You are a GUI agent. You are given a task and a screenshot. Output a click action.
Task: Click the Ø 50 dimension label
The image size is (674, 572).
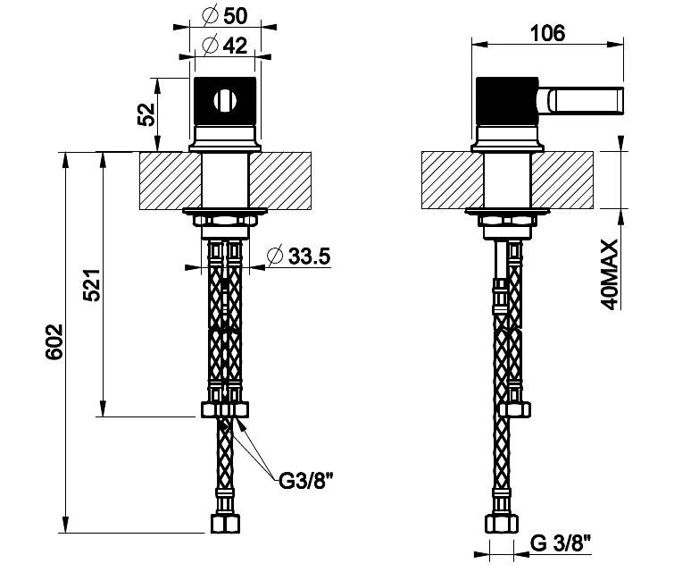pyautogui.click(x=225, y=16)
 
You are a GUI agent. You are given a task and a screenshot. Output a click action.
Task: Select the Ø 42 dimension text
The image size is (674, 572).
pyautogui.click(x=225, y=45)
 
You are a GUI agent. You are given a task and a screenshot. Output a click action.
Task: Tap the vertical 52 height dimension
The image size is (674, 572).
pyautogui.click(x=146, y=114)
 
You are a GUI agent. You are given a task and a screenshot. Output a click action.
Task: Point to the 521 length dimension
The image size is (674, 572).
pyautogui.click(x=92, y=285)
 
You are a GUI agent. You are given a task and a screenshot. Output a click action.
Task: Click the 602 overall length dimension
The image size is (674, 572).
pyautogui.click(x=54, y=341)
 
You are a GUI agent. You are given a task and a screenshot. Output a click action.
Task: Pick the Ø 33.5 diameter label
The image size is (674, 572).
pyautogui.click(x=299, y=257)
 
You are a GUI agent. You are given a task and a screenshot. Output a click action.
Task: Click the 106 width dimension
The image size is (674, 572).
pyautogui.click(x=547, y=33)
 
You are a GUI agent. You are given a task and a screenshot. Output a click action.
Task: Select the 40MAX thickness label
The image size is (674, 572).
pyautogui.click(x=609, y=274)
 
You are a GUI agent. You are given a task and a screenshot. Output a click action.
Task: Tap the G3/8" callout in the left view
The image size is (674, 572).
pyautogui.click(x=306, y=481)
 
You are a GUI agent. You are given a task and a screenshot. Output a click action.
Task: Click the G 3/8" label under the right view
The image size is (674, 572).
pyautogui.click(x=561, y=543)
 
